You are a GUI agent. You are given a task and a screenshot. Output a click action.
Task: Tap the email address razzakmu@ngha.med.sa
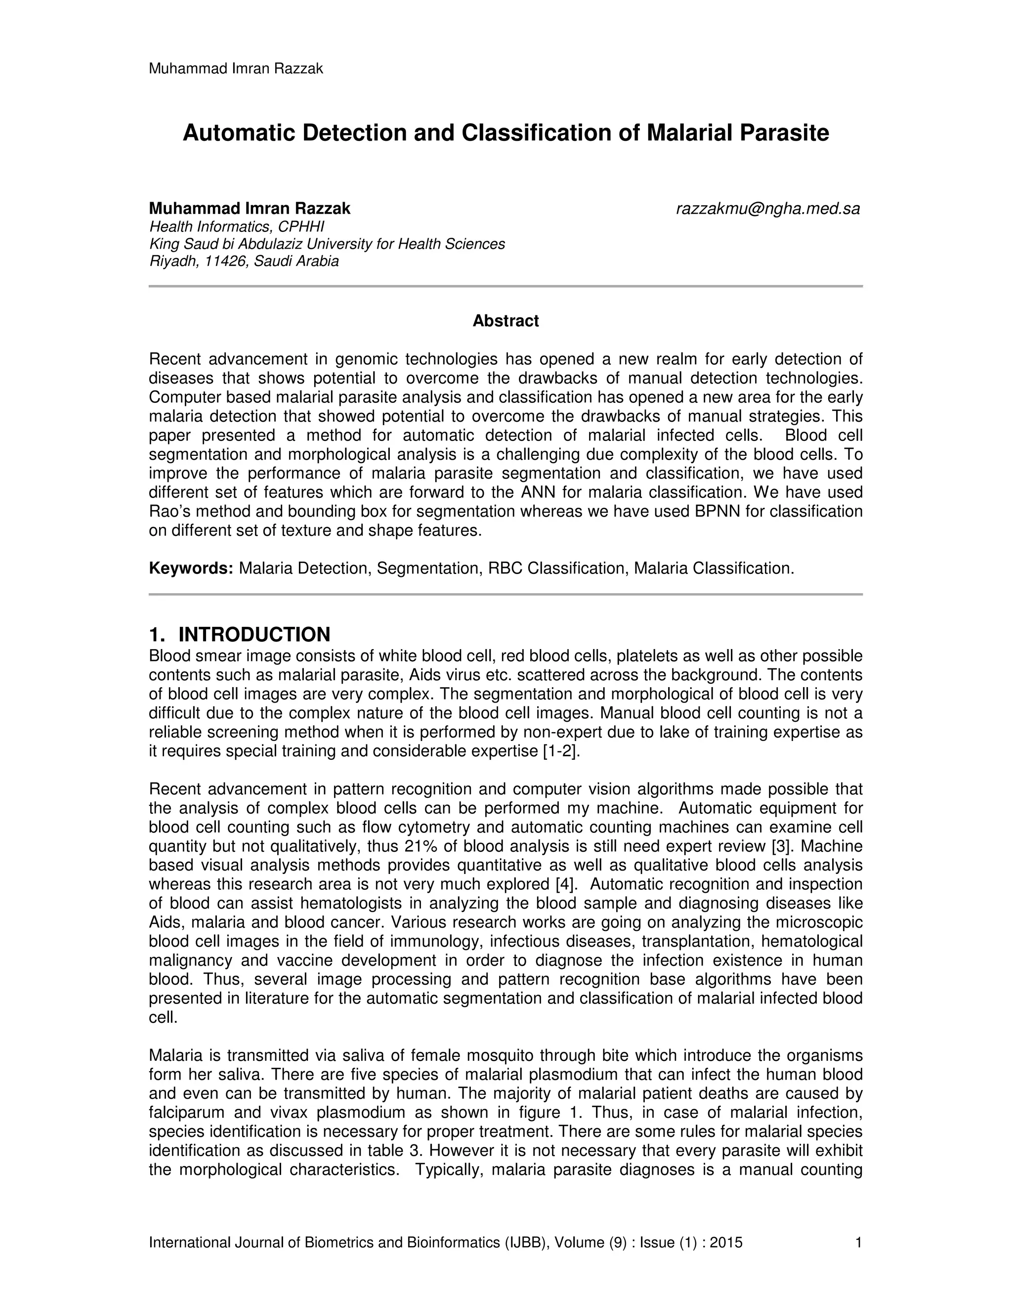(767, 209)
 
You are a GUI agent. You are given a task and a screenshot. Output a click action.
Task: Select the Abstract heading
(506, 321)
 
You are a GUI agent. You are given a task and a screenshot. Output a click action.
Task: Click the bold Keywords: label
(191, 568)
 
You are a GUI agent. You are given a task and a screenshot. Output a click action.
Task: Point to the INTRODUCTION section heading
(254, 635)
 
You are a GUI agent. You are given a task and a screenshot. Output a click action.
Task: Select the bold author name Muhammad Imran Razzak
(250, 209)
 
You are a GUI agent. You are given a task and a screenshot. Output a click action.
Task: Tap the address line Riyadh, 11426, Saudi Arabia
(244, 262)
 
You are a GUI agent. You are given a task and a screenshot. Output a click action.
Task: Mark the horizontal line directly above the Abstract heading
(506, 287)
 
